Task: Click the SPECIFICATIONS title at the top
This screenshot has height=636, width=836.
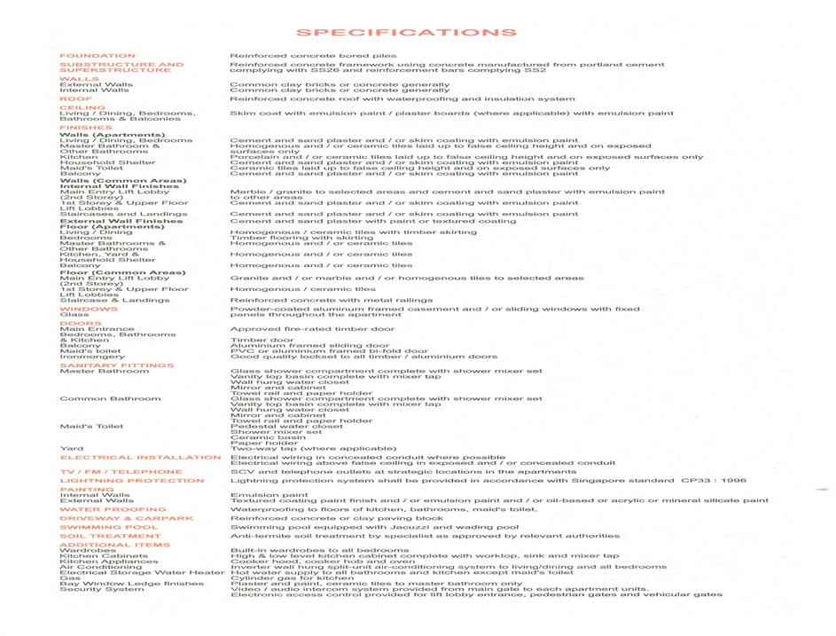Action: click(406, 33)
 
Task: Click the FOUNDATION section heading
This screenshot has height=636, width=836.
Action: click(98, 56)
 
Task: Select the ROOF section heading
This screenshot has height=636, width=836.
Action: click(76, 99)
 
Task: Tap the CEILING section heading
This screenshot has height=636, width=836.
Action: click(82, 108)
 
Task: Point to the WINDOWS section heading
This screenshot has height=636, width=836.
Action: click(88, 310)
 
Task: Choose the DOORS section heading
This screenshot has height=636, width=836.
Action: click(81, 324)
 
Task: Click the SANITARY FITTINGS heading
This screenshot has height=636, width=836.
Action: click(116, 365)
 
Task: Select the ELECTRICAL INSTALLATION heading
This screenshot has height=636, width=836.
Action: click(140, 458)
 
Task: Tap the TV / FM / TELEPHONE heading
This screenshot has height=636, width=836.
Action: click(121, 472)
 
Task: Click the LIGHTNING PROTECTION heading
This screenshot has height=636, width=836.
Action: click(132, 481)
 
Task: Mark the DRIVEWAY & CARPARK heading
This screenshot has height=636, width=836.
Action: click(126, 519)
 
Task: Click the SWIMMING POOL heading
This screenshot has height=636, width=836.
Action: click(108, 528)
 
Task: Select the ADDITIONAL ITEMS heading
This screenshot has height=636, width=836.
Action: click(114, 545)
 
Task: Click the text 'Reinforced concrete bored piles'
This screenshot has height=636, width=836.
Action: click(313, 56)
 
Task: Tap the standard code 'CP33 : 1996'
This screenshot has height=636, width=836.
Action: click(714, 481)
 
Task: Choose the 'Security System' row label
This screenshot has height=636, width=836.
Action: click(101, 589)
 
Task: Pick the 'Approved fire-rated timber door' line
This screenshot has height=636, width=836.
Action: click(312, 329)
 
